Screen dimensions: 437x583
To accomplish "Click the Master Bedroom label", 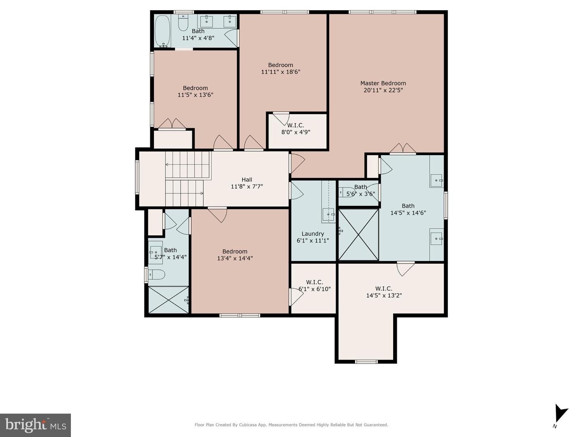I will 383,83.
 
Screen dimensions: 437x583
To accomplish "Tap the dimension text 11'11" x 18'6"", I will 281,72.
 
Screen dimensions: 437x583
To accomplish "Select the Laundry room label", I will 313,234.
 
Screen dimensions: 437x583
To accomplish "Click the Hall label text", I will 247,180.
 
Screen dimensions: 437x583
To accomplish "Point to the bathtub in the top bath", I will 162,31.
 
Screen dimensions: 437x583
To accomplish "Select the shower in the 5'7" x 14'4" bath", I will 168,300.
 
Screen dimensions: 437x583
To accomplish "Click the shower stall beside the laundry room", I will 358,234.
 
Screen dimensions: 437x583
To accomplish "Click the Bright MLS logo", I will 36,425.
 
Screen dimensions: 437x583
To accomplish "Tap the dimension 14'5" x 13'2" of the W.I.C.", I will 384,296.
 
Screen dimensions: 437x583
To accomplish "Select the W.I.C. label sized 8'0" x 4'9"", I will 296,126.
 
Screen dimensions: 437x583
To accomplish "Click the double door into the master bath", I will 403,149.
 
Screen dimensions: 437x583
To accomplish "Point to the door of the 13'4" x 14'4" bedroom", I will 218,214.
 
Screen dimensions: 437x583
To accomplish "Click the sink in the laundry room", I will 328,214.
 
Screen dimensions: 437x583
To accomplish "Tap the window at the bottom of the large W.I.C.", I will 366,361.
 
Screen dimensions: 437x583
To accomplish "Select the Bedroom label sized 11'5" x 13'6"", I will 195,88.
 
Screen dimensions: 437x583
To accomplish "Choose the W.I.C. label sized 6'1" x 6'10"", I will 315,282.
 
